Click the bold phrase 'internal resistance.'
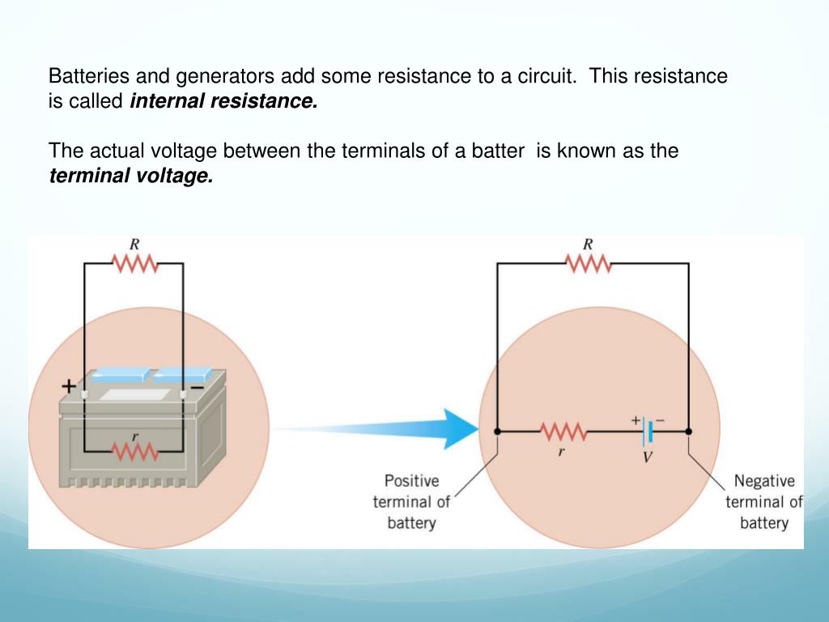coord(223,102)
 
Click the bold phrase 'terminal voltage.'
coord(131,176)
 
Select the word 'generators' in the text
coord(219,77)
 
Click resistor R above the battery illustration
coord(134,263)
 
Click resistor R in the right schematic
coord(589,263)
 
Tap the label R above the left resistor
coord(134,243)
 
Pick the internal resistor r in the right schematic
coord(562,432)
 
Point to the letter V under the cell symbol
coord(648,458)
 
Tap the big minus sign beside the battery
coord(196,387)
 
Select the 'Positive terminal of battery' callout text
coord(411,501)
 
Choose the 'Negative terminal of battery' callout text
coord(763,501)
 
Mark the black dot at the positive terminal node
coord(497,432)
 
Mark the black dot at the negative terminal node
coord(689,432)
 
